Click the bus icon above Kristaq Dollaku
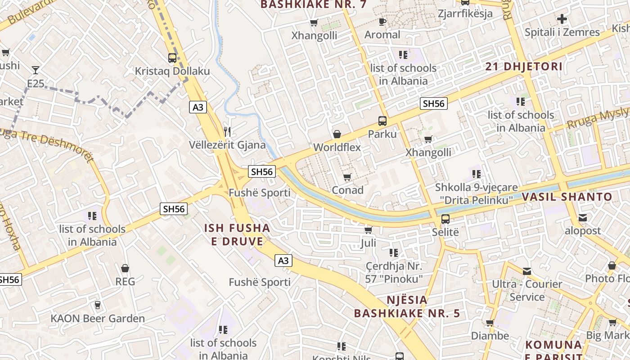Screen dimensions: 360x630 172,58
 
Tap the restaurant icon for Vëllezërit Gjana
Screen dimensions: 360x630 227,131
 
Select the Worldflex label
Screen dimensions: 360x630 337,147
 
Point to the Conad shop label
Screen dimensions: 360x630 347,190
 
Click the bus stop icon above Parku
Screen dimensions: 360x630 382,121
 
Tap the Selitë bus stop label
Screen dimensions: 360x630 445,232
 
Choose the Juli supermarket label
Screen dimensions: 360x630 368,243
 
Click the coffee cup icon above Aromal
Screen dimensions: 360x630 382,22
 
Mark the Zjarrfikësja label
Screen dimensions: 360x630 465,13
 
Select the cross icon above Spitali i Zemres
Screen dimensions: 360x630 562,19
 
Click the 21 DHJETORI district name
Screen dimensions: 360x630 524,67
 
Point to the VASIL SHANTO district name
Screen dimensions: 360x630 567,197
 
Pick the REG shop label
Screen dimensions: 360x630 125,281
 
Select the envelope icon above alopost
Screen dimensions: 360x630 583,218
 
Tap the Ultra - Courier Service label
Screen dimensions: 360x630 527,290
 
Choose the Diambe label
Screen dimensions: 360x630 490,336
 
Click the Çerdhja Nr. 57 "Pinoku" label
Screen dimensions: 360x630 394,272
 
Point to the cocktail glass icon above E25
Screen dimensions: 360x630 35,70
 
